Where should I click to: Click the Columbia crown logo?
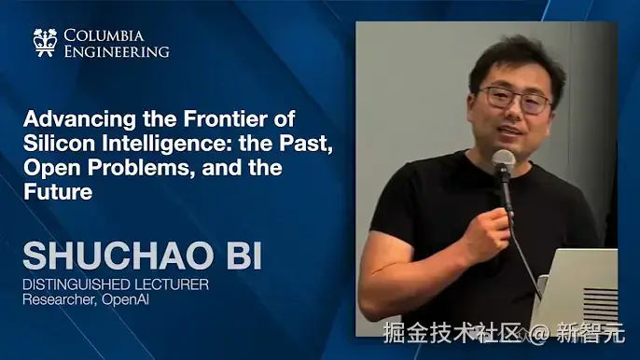(44, 42)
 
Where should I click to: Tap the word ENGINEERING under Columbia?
(117, 51)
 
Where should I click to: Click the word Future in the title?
(58, 193)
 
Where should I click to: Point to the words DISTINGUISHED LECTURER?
(116, 284)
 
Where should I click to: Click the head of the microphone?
(503, 161)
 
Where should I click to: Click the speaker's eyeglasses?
(514, 100)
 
